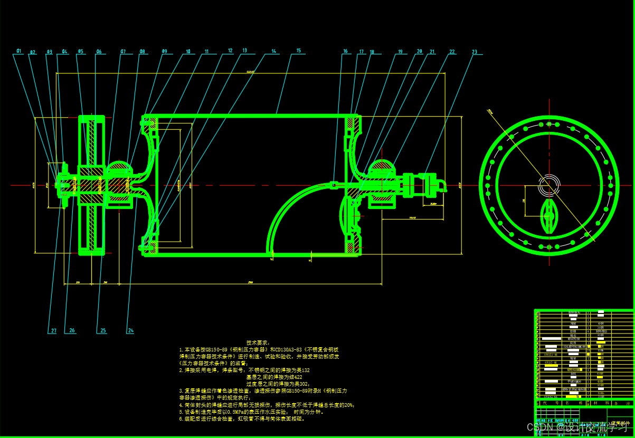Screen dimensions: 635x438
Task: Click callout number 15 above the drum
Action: tap(299, 51)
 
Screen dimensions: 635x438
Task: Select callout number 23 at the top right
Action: tap(475, 52)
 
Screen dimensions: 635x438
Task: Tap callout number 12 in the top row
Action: tap(230, 51)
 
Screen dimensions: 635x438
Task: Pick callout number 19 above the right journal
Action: tap(400, 52)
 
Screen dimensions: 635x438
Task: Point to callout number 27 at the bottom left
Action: tap(53, 331)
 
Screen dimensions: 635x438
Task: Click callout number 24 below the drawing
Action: tap(130, 331)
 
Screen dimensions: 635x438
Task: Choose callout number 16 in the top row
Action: tap(346, 52)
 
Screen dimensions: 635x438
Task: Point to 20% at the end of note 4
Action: tap(349, 405)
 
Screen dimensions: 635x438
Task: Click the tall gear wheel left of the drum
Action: tap(92, 185)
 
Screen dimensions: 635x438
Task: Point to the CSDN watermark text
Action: tap(537, 426)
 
